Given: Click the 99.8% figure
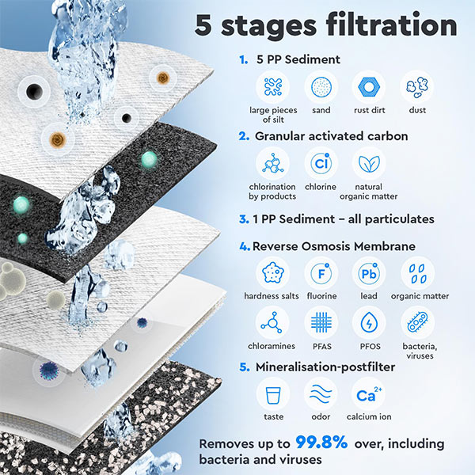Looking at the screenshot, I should [321, 442].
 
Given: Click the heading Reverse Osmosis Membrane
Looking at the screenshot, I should [333, 246].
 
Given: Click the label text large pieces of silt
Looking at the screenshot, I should [273, 115].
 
